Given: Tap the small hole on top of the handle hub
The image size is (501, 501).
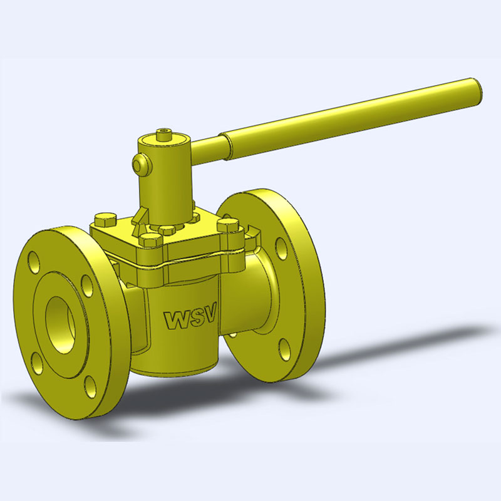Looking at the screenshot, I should [165, 133].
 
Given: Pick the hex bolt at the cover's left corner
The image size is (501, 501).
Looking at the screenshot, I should [104, 219].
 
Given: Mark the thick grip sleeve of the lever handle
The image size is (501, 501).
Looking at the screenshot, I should [351, 114].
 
